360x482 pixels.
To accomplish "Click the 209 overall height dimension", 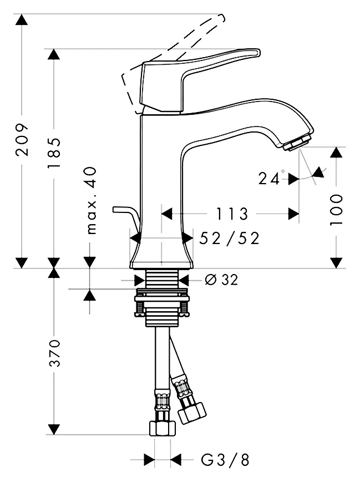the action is (x=22, y=140).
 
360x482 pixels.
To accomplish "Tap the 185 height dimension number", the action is (x=54, y=153).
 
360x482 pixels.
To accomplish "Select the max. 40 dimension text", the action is (x=91, y=201).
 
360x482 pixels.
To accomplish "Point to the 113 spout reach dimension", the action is (x=232, y=214).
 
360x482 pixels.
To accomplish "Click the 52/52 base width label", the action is (x=229, y=239).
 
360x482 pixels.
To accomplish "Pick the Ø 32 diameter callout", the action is (x=221, y=280).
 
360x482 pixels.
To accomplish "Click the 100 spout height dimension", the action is (x=336, y=210).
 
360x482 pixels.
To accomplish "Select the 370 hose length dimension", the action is (x=54, y=353).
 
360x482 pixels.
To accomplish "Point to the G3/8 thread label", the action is (x=225, y=460).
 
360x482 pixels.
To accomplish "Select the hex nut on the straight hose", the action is (x=163, y=428).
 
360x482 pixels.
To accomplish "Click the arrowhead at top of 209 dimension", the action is (x=22, y=19).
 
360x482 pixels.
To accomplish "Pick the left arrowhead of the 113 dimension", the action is (x=166, y=214).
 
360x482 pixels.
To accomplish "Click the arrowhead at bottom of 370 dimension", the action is (x=54, y=429).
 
